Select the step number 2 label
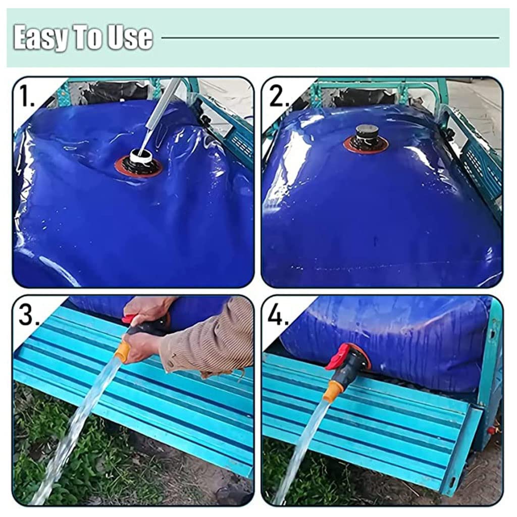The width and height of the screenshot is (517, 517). [279, 95]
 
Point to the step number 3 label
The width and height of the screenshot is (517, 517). [30, 315]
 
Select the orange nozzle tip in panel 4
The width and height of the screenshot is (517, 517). [331, 392]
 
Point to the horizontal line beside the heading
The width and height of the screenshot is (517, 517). [330, 37]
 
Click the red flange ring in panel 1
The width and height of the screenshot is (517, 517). [138, 167]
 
